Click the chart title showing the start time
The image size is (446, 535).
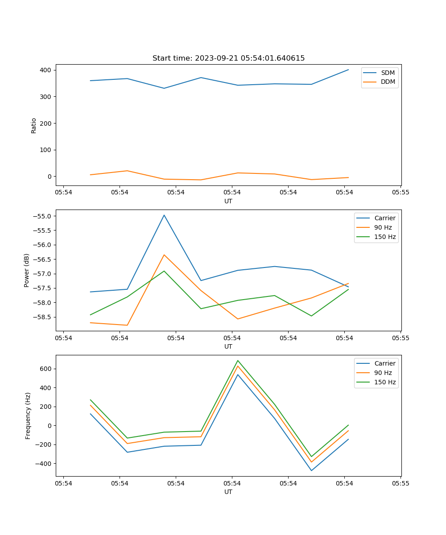228,58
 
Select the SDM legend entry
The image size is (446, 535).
387,73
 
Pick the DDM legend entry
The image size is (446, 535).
387,82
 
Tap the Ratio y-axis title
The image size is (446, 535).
34,125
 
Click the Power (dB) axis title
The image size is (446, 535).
27,270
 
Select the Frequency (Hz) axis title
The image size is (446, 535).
28,416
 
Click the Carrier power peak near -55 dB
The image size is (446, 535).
164,215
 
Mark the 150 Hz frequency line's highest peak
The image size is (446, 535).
238,360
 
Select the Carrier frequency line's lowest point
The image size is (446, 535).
311,470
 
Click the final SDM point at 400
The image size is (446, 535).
348,70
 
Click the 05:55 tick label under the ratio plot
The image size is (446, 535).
401,193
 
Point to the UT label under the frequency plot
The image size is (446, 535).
228,492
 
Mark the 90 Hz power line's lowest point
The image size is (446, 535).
127,325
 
